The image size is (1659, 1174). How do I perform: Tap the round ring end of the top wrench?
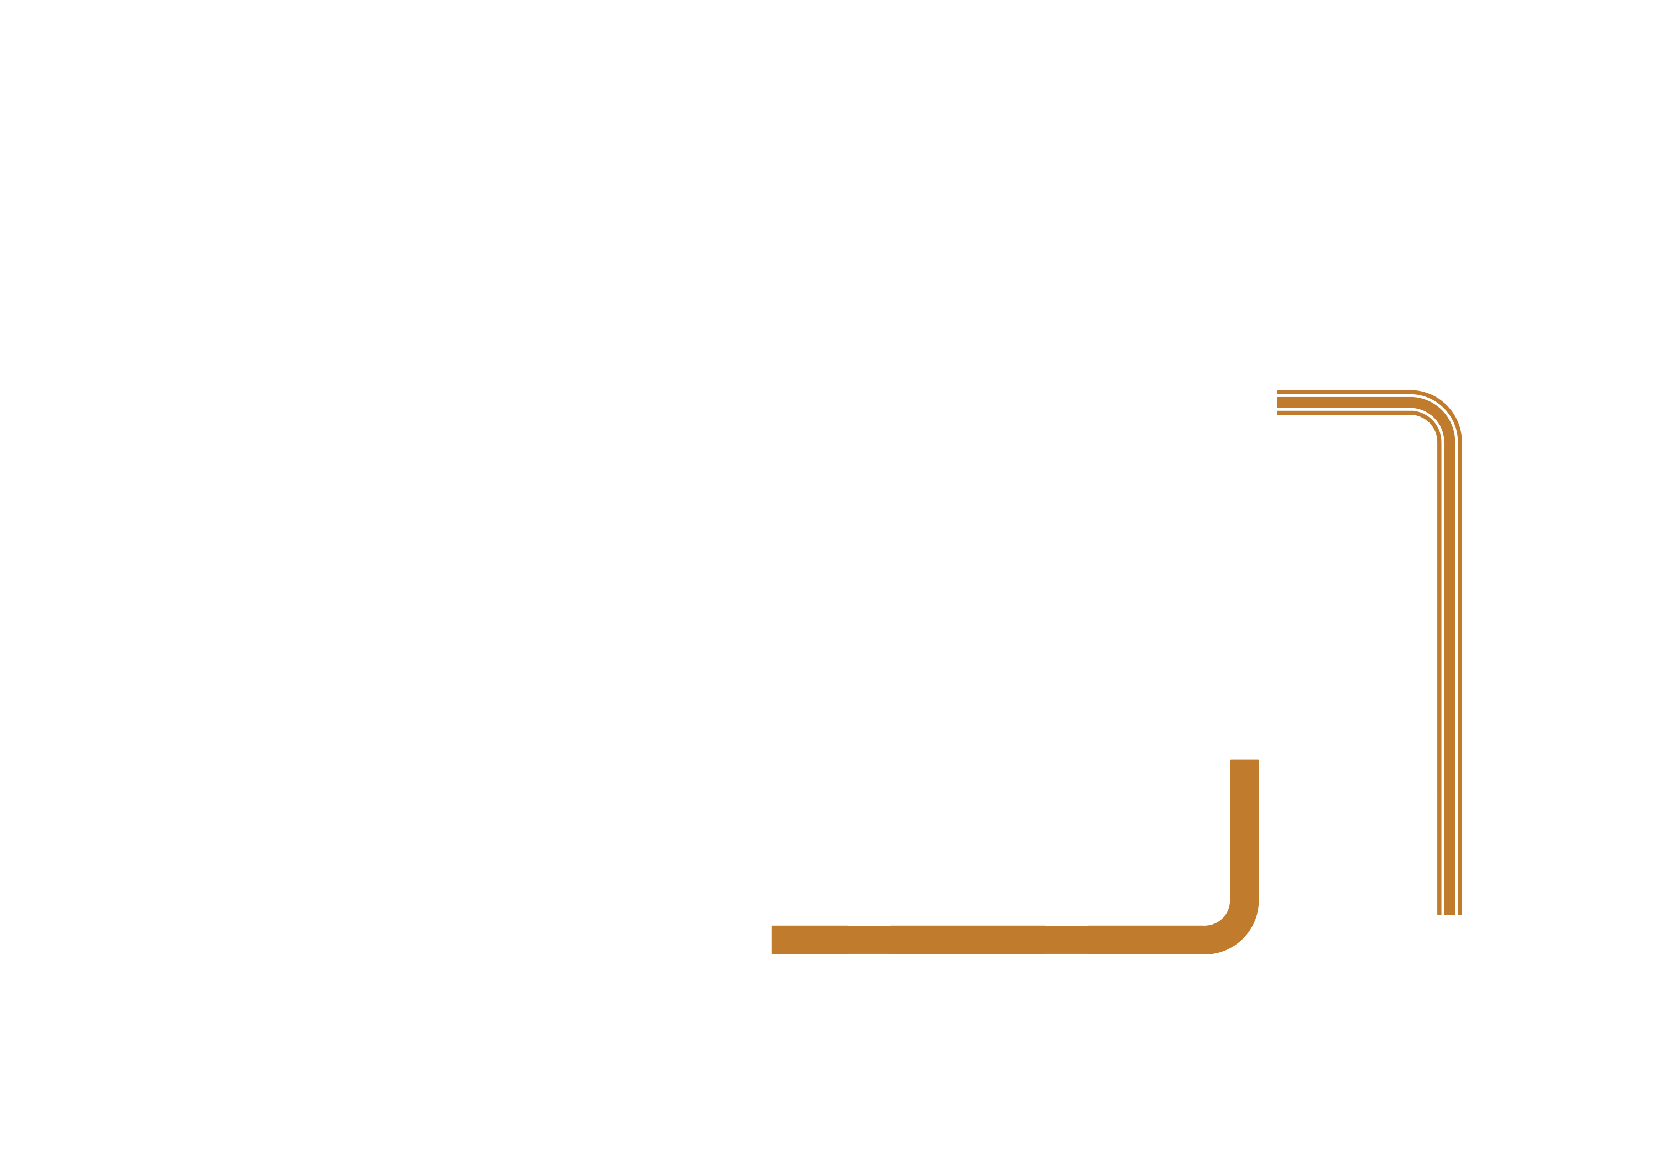click(278, 294)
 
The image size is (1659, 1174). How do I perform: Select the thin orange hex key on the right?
click(1449, 651)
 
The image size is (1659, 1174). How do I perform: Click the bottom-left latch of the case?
click(414, 1059)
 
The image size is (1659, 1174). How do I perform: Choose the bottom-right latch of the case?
click(1283, 1059)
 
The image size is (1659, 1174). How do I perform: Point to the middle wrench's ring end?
click(266, 437)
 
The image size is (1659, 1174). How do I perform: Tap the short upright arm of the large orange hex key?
click(1244, 831)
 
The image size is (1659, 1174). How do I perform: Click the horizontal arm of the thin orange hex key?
click(1344, 403)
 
